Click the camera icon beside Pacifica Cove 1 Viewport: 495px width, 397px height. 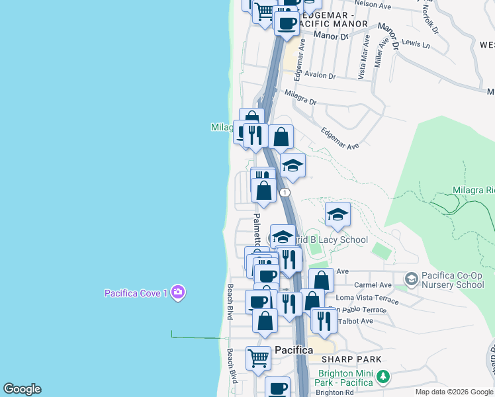[x=177, y=292]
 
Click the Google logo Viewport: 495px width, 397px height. [x=22, y=389]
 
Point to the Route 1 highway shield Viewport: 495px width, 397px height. [x=285, y=193]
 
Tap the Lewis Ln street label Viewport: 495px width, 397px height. [x=416, y=44]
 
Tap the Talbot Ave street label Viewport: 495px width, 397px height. [x=355, y=322]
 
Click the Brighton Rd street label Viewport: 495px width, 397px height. [x=334, y=392]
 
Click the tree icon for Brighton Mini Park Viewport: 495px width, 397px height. [x=382, y=377]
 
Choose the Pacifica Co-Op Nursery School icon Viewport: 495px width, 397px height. [x=411, y=279]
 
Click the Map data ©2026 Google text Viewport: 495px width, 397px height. [x=454, y=392]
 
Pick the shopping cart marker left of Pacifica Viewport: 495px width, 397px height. [x=258, y=358]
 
